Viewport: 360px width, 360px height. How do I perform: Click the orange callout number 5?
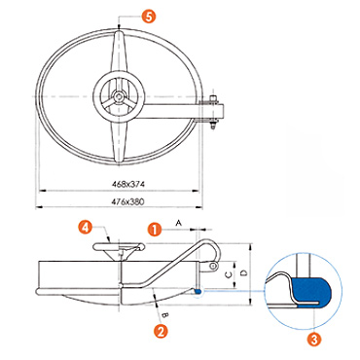tap(148, 17)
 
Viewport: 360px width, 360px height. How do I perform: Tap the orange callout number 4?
tap(86, 228)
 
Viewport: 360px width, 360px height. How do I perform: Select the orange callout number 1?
tap(155, 230)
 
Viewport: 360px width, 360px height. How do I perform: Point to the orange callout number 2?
tap(161, 332)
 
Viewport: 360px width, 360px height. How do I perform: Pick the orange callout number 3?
tap(314, 340)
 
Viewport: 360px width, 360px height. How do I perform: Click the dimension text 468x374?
tap(128, 184)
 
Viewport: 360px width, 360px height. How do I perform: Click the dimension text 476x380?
tap(127, 201)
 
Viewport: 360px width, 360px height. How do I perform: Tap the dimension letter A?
tap(178, 223)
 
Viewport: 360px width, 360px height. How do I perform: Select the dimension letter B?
tap(164, 314)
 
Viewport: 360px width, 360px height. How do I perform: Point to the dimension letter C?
tap(229, 274)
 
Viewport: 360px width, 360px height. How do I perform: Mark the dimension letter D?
tap(244, 273)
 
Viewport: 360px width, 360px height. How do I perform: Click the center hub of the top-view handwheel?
tap(119, 96)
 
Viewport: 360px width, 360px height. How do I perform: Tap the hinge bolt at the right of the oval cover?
tap(213, 112)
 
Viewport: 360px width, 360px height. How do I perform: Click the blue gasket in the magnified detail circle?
tap(311, 291)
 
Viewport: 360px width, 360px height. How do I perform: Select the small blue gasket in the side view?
tap(198, 291)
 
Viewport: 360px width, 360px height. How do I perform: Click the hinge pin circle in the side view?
tap(213, 267)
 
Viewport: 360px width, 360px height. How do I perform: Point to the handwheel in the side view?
tap(119, 247)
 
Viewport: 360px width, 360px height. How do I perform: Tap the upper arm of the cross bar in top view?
tap(120, 52)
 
